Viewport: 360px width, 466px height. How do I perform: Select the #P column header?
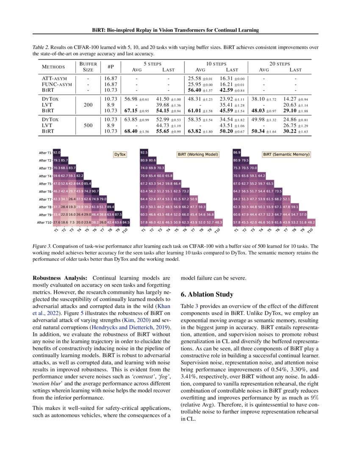point(111,67)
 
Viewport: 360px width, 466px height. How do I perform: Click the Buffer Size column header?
point(88,67)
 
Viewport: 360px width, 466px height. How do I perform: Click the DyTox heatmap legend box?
point(120,155)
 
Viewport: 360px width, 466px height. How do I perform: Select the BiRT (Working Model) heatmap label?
point(197,155)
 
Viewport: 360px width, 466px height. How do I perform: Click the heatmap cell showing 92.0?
point(57,152)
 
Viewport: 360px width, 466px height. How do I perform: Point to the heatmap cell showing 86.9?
point(237,152)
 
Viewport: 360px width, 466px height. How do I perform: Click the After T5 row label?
point(45,183)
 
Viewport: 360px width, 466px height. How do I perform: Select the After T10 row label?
point(44,222)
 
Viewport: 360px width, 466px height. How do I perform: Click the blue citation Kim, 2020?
point(125,320)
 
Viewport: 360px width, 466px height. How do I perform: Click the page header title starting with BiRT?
point(180,31)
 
